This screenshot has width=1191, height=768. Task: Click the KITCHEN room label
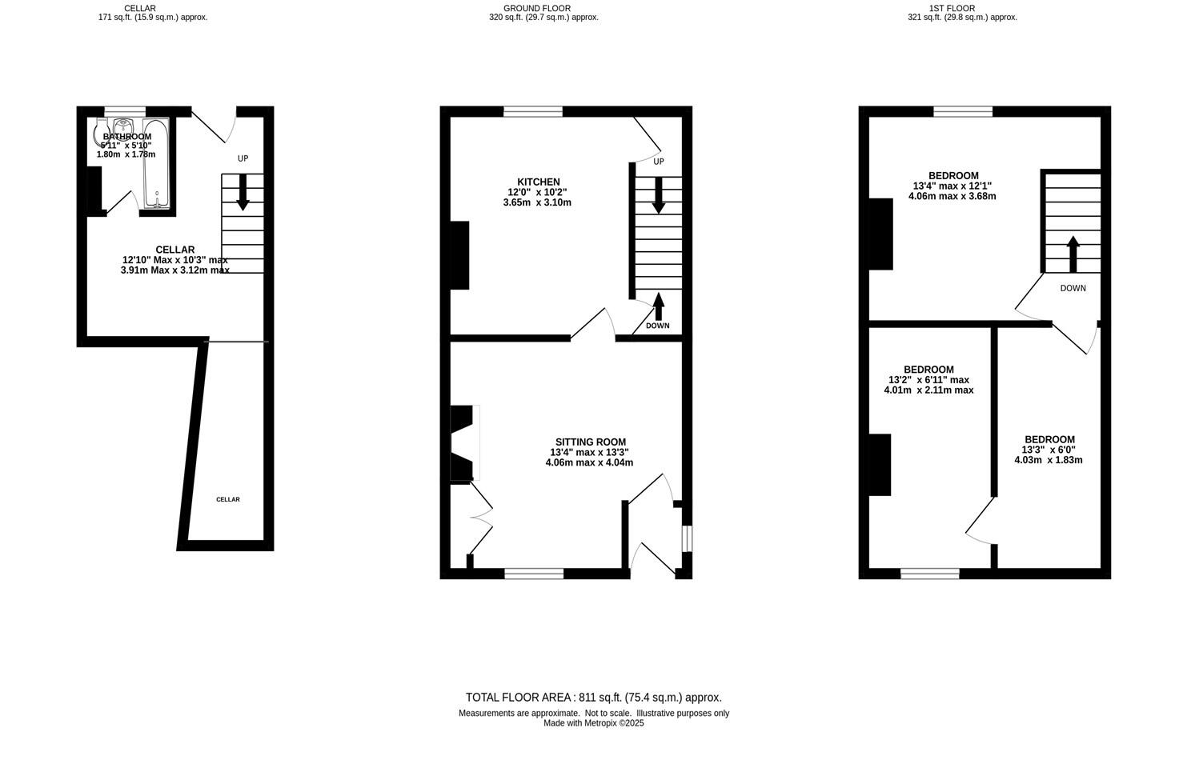[x=538, y=182]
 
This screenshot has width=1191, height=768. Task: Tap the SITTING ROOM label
[x=590, y=442]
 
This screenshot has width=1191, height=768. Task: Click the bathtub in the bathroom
[x=156, y=164]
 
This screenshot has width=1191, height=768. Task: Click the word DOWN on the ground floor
[x=657, y=326]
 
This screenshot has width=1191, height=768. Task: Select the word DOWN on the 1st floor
[x=1073, y=288]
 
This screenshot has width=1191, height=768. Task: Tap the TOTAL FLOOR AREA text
[x=593, y=698]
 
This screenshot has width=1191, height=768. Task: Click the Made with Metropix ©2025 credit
[x=593, y=723]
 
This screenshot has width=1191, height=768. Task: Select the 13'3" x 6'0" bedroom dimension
[x=1049, y=450]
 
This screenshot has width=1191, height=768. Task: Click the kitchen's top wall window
[x=532, y=111]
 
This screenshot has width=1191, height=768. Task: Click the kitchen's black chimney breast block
[x=459, y=255]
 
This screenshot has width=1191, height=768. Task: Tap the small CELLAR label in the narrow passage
[x=227, y=499]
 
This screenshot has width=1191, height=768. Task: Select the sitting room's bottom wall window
[x=534, y=573]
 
